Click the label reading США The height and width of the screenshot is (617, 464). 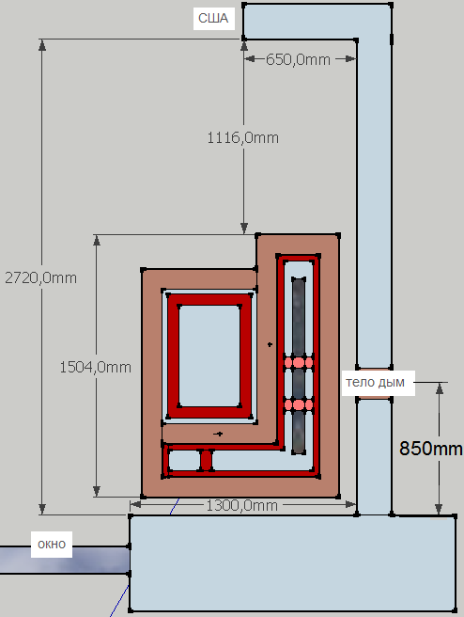[213, 18]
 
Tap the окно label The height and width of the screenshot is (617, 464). [52, 545]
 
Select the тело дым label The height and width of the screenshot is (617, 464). [375, 382]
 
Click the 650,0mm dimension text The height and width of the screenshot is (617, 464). [298, 59]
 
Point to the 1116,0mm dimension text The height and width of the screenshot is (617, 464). [243, 137]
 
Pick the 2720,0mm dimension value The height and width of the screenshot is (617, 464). [41, 277]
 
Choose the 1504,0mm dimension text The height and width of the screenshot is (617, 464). [96, 367]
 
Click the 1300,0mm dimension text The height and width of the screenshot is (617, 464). [242, 505]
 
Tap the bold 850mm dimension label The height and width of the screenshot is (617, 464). [431, 449]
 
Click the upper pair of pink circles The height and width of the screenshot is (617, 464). [299, 362]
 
